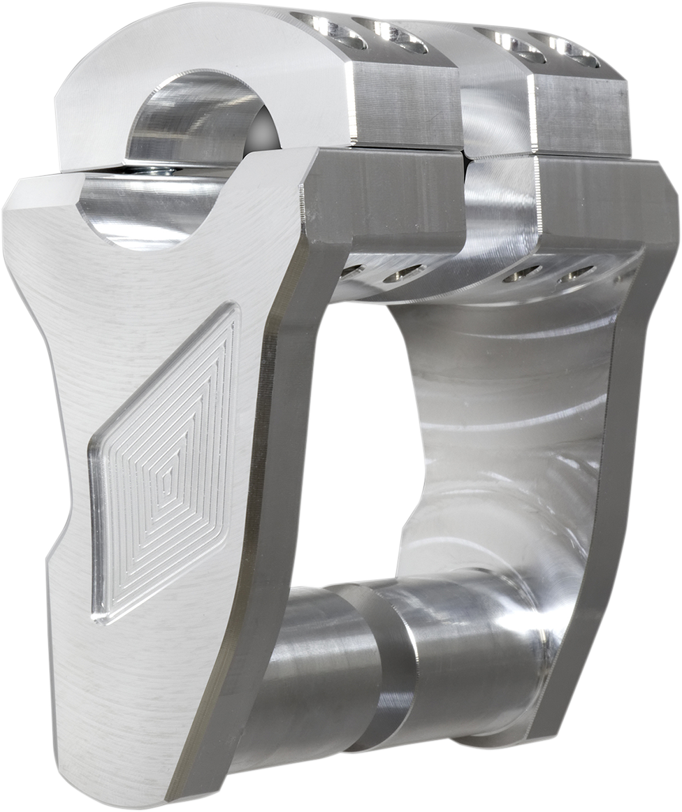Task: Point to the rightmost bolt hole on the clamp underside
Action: [x=576, y=273]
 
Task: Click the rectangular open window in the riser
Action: [x=356, y=447]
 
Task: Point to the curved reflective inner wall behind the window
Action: [x=503, y=419]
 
